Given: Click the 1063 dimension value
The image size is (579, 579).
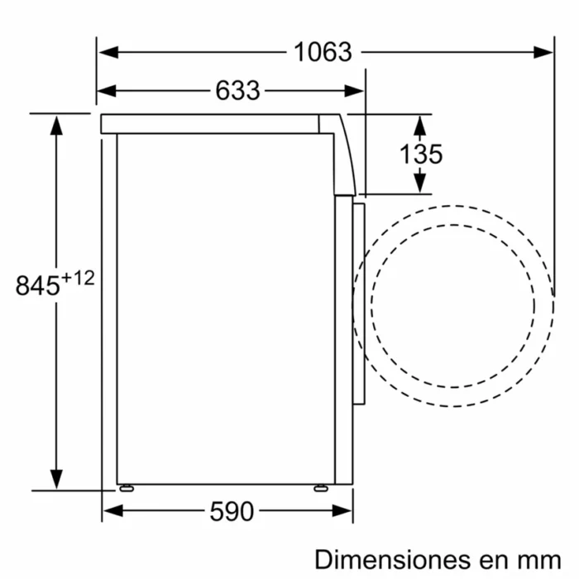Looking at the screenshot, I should pos(323,52).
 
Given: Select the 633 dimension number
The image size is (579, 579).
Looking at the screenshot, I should pos(237,90).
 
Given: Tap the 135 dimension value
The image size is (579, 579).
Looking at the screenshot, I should pos(421,154).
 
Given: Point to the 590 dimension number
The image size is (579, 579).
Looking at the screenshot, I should pos(231,512).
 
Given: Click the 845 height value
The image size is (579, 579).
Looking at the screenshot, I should pos(37,285).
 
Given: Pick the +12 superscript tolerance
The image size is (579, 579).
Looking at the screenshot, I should pos(79,279).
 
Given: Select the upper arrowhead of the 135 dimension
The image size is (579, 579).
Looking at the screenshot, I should pos(420,125).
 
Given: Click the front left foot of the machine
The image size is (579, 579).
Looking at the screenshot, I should pos(126,488).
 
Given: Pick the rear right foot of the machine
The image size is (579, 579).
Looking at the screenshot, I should pos(320,488).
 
